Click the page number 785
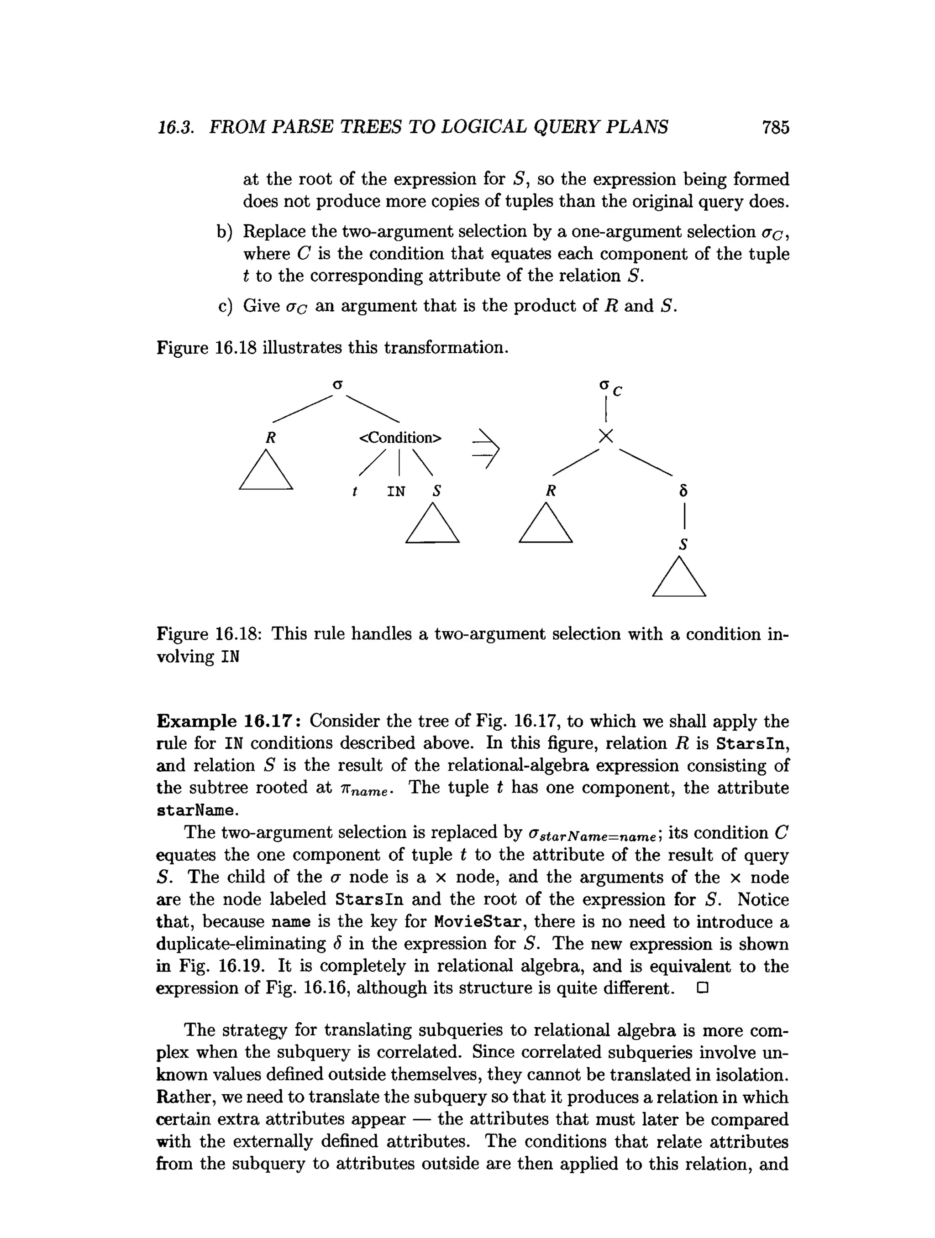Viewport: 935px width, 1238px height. [775, 128]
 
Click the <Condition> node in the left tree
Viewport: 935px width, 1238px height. [400, 438]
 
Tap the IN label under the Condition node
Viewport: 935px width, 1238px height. [396, 492]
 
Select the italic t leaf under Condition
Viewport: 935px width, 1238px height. [354, 492]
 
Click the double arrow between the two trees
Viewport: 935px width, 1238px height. [486, 448]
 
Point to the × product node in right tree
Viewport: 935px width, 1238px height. [606, 436]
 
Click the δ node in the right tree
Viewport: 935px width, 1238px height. [683, 491]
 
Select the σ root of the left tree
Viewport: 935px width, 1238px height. [337, 385]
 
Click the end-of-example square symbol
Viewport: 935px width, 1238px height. [703, 988]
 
